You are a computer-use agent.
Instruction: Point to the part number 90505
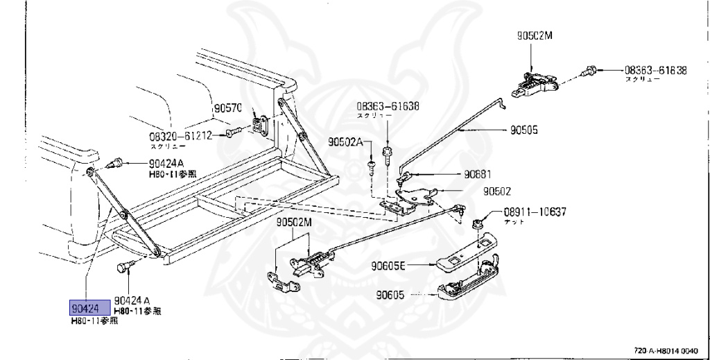coord(524,129)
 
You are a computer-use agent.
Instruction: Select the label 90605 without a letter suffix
coord(390,295)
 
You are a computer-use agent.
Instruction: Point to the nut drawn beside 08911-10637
coord(478,223)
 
